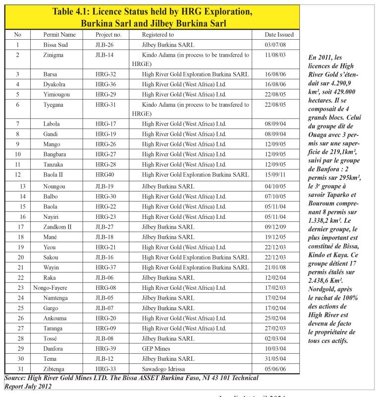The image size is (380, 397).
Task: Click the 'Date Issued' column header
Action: point(279,35)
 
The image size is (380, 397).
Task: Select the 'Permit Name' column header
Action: point(59,35)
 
